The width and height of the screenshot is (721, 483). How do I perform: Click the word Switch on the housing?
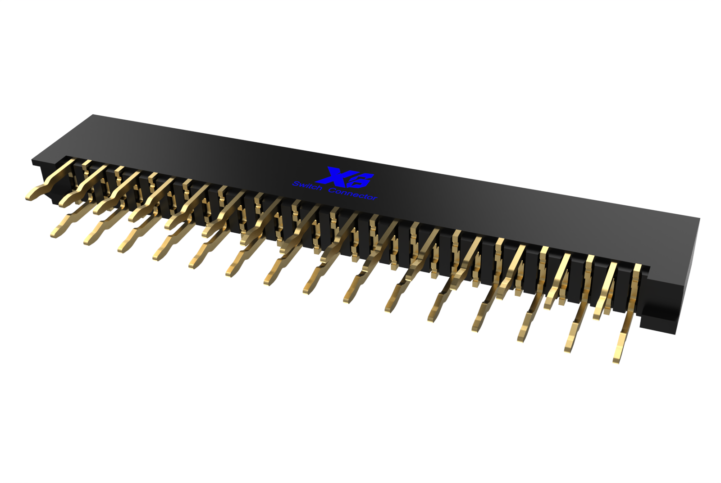pos(308,185)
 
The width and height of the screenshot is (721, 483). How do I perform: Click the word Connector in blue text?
pos(353,194)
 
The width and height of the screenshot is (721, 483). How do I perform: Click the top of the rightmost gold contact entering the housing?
pos(637,267)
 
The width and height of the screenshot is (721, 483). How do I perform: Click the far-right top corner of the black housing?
pos(699,219)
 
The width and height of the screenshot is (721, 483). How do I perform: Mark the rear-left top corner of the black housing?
pos(93,115)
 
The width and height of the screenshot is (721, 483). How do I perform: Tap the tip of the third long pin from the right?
pos(521,339)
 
